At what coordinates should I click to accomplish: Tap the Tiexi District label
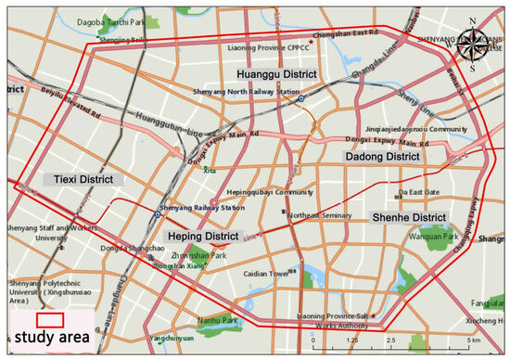tap(77, 179)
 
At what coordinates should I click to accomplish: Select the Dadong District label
tap(383, 159)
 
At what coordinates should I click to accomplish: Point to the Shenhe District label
tap(409, 217)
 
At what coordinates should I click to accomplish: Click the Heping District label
tap(203, 237)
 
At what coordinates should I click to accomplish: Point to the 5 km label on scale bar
tap(475, 341)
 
